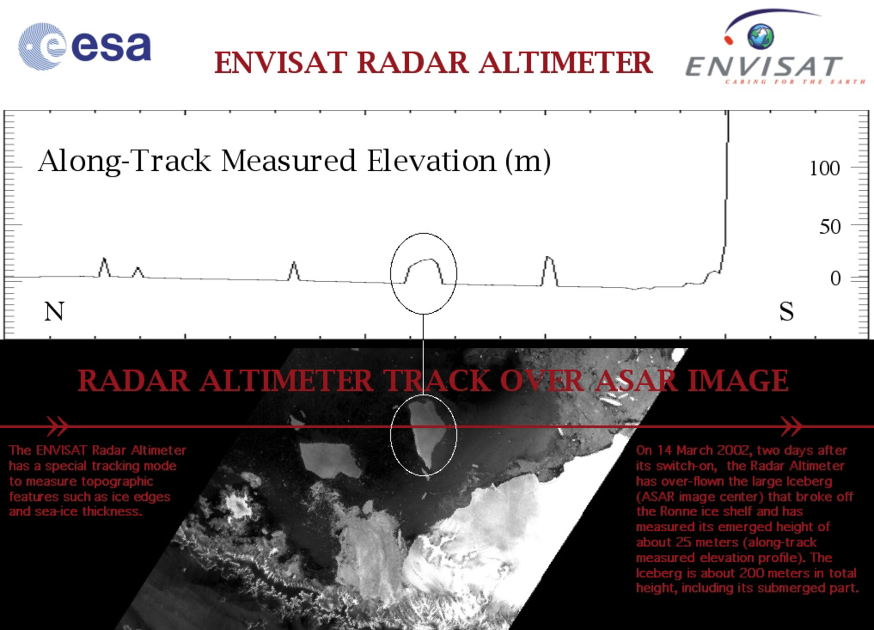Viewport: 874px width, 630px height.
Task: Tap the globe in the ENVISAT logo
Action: pyautogui.click(x=760, y=36)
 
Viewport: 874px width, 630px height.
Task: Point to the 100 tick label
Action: pyautogui.click(x=824, y=168)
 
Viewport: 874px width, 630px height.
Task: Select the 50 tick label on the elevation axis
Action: pyautogui.click(x=829, y=227)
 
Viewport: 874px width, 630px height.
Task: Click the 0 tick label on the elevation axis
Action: pyautogui.click(x=835, y=278)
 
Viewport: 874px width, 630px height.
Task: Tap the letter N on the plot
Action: pyautogui.click(x=54, y=311)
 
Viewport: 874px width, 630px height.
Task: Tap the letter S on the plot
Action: pyautogui.click(x=786, y=312)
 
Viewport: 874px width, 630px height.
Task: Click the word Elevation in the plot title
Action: pyautogui.click(x=432, y=161)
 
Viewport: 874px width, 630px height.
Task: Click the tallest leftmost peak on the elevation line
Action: pyautogui.click(x=104, y=260)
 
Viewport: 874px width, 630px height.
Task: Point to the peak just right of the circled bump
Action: pyautogui.click(x=549, y=259)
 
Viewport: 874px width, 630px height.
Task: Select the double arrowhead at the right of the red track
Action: pyautogui.click(x=791, y=426)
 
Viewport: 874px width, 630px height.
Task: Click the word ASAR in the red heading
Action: pyautogui.click(x=635, y=381)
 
